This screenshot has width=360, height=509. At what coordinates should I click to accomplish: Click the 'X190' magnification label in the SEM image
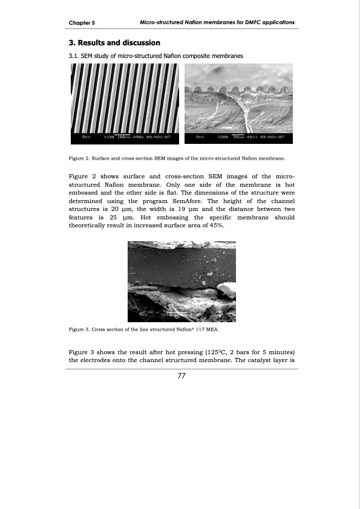108,138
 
